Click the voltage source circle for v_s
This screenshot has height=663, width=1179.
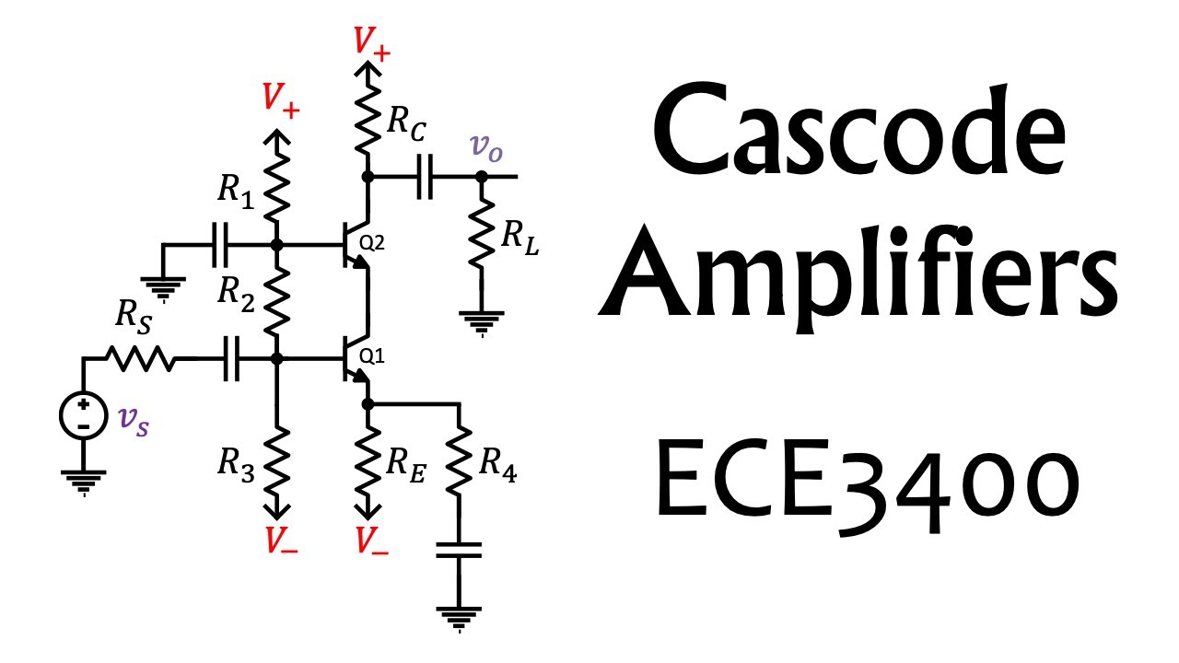pyautogui.click(x=83, y=415)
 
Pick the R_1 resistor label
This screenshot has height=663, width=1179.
pyautogui.click(x=234, y=191)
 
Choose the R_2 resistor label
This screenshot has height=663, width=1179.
pyautogui.click(x=234, y=293)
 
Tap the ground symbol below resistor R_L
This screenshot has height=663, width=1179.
pyautogui.click(x=480, y=324)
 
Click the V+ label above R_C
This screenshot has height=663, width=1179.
pyautogui.click(x=372, y=42)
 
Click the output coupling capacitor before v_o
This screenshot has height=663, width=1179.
pyautogui.click(x=425, y=177)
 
